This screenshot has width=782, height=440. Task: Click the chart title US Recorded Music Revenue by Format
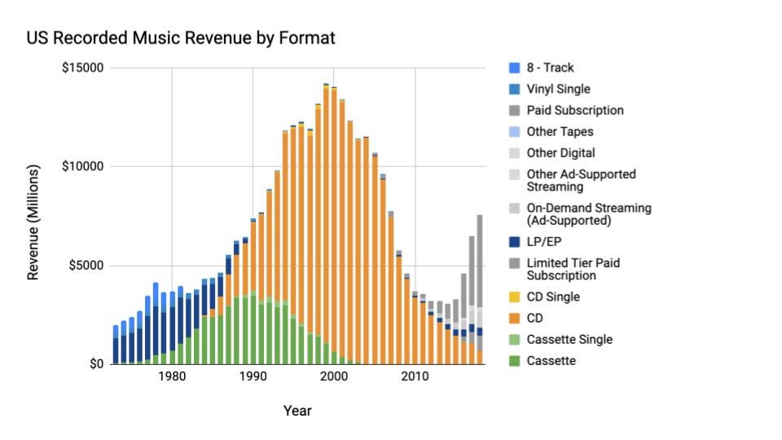click(x=181, y=38)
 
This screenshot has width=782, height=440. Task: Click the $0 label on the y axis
click(x=96, y=364)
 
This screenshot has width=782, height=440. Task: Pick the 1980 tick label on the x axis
click(x=171, y=377)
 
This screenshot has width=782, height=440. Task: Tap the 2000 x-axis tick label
click(x=334, y=377)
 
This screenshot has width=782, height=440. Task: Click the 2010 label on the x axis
click(x=415, y=377)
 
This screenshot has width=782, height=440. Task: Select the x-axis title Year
click(x=297, y=411)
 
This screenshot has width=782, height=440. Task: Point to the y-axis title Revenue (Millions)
click(x=33, y=222)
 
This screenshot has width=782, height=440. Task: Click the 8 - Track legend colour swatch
click(x=513, y=68)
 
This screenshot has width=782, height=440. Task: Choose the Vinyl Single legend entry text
click(x=558, y=90)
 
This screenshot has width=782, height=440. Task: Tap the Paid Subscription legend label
click(x=574, y=111)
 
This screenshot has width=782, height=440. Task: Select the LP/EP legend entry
click(x=543, y=242)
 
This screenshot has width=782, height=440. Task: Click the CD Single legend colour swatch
click(x=513, y=297)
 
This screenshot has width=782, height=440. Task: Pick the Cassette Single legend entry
click(x=569, y=340)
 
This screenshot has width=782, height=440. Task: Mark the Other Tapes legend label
click(x=560, y=132)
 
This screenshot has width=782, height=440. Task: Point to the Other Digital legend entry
click(x=560, y=153)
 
